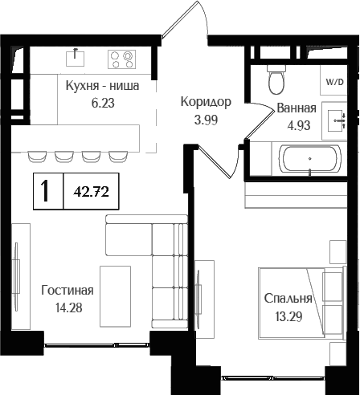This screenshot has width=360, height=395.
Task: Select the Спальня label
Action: (287, 298)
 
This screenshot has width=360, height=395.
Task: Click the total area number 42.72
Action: (91, 191)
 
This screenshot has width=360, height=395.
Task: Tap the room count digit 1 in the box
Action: (47, 191)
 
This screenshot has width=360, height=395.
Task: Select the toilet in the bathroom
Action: (277, 80)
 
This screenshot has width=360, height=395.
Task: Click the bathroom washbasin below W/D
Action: (335, 120)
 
